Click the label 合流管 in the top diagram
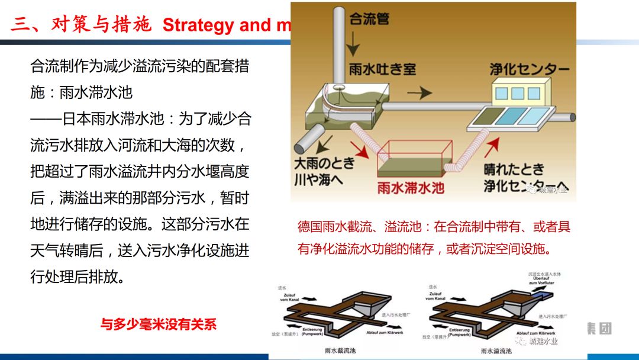(x=370, y=19)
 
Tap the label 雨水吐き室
(x=382, y=69)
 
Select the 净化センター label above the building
(x=529, y=69)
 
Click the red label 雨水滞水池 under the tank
(x=411, y=188)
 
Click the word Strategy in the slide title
(x=198, y=25)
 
